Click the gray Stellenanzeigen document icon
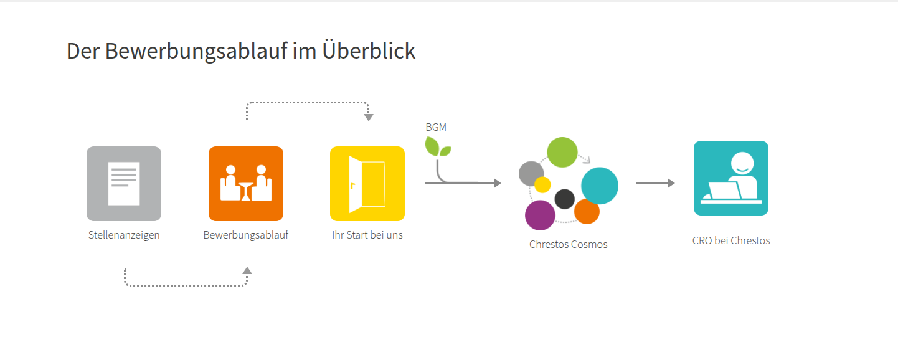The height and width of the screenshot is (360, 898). [x=124, y=184]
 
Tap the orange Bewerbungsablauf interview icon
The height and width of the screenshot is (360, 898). [x=246, y=184]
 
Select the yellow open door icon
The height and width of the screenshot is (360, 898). [x=367, y=184]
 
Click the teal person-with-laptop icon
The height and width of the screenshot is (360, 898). [x=731, y=178]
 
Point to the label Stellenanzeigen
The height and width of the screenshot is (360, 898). [x=124, y=235]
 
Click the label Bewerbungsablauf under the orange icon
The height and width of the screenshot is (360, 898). [x=246, y=235]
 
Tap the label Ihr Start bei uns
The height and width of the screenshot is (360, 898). [x=367, y=235]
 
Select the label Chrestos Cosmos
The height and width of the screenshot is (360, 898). [x=568, y=244]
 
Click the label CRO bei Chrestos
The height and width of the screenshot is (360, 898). [x=731, y=240]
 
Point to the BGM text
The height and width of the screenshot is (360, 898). [x=436, y=127]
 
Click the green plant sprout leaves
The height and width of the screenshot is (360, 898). [x=438, y=147]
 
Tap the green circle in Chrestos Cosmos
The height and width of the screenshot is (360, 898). [x=562, y=153]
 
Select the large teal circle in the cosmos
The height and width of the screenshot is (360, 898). [x=599, y=186]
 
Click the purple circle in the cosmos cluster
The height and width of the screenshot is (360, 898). [x=540, y=216]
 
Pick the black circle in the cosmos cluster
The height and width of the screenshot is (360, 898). [x=564, y=199]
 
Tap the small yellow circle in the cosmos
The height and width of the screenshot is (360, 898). [x=542, y=185]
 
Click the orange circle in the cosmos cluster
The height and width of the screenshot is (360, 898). [x=587, y=211]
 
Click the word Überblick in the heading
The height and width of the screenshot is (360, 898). [x=369, y=51]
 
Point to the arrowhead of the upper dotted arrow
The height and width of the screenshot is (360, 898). [x=369, y=117]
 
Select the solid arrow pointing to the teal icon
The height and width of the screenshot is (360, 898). [x=656, y=183]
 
